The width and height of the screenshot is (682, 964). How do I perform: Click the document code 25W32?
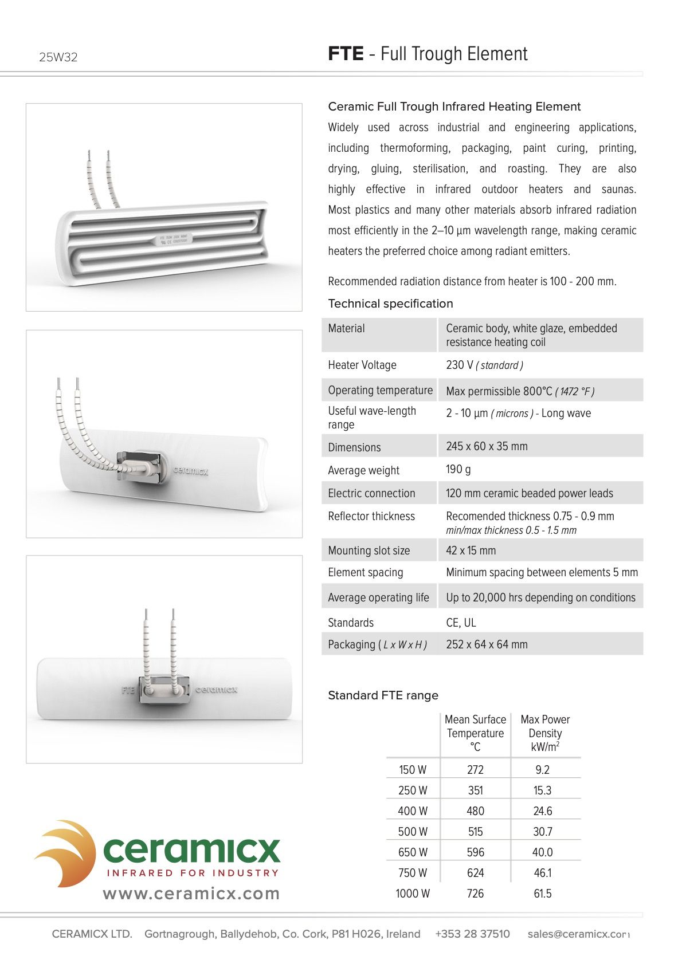tap(58, 57)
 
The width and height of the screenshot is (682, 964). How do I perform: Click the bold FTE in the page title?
tap(346, 54)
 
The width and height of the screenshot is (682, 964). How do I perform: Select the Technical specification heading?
tap(390, 304)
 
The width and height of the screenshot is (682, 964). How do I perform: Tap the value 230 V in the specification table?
tap(460, 365)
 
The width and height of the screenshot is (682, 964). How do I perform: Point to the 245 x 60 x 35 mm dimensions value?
tap(487, 446)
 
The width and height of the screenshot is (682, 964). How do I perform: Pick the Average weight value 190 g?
tap(458, 469)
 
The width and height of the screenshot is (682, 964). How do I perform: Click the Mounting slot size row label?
tap(369, 550)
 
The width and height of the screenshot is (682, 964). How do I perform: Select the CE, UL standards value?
tap(461, 623)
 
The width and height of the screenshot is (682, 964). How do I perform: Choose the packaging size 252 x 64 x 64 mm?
tap(487, 644)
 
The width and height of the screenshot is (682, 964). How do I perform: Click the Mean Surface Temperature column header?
tap(475, 733)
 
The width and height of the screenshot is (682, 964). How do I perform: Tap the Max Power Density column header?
tap(545, 733)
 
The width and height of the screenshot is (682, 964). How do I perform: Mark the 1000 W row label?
tap(412, 894)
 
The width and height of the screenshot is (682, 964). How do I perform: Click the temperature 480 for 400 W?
tap(475, 811)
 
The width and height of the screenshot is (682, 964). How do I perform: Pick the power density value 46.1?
tap(542, 873)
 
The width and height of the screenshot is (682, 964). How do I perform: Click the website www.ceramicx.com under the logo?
tap(191, 894)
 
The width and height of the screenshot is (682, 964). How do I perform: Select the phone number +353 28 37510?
tap(472, 934)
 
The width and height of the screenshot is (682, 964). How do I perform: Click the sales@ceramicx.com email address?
tap(578, 934)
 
